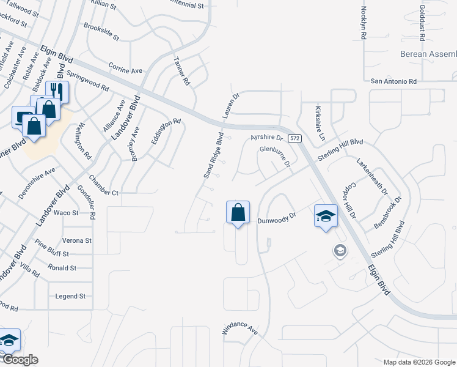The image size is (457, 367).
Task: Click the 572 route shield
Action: pos(295,139)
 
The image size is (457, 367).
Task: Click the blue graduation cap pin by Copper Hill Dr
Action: pos(326,215)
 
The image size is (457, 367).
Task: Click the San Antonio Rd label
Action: pos(393,81)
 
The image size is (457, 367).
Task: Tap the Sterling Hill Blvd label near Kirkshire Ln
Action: pos(340,149)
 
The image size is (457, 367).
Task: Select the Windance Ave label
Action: pos(240,328)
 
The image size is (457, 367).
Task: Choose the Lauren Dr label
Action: pos(230,105)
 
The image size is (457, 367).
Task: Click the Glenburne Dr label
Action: pos(274,156)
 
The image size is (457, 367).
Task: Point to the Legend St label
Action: pos(70,296)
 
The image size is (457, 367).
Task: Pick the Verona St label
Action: pos(76,240)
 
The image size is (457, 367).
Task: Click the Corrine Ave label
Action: pos(125,67)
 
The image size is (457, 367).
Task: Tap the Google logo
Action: pos(20,360)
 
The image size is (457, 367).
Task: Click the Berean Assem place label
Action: pos(428,54)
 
